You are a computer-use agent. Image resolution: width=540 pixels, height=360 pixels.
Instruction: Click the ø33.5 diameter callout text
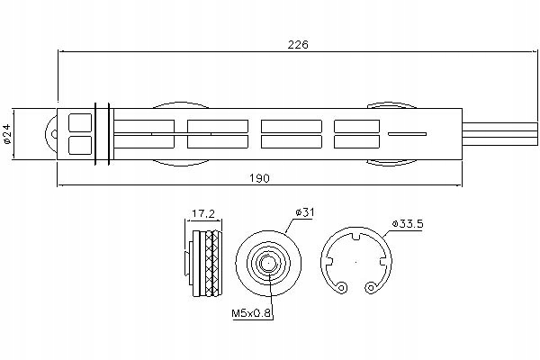point(406,223)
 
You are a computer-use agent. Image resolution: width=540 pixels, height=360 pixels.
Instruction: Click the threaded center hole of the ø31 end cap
point(267,265)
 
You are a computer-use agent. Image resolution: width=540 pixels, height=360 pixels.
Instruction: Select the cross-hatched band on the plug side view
point(212,265)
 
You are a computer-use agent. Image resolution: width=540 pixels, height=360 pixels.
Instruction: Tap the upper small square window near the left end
point(80,122)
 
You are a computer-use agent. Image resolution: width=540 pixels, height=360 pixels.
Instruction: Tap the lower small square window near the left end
point(80,144)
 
